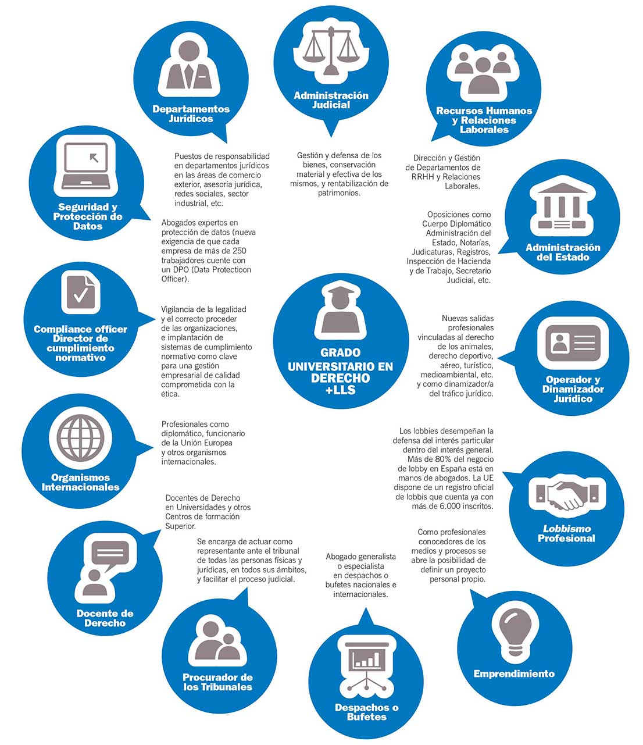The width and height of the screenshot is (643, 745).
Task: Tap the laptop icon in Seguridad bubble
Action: tap(86, 166)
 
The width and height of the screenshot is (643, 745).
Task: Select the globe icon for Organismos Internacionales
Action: tap(80, 438)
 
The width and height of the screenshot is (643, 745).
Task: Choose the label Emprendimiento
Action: tap(514, 674)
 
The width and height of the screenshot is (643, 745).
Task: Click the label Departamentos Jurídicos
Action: tap(191, 114)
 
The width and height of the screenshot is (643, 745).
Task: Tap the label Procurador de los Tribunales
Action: tap(217, 682)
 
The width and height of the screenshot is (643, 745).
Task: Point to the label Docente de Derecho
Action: tap(105, 618)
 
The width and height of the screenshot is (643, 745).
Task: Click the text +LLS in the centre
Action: tap(341, 390)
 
